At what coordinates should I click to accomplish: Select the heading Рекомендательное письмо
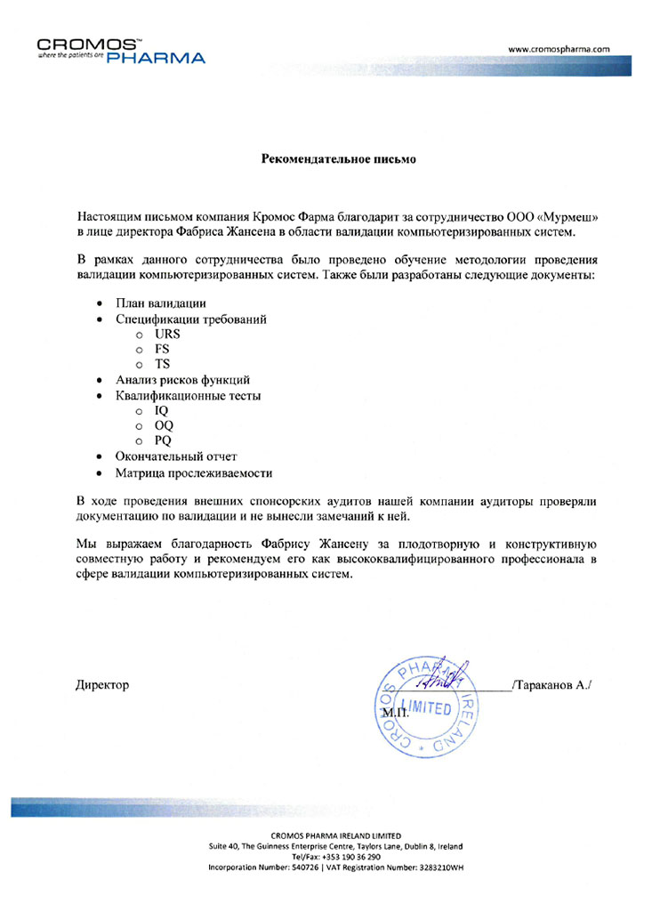point(326,160)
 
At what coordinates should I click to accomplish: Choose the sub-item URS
point(167,334)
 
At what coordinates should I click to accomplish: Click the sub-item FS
point(162,349)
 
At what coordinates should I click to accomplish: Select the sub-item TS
point(162,364)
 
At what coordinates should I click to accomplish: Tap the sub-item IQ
point(161,410)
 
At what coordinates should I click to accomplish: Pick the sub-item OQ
point(164,425)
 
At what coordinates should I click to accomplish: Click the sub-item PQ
point(163,440)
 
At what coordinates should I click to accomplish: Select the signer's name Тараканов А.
point(551,684)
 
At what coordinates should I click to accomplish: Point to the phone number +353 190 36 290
point(349,856)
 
